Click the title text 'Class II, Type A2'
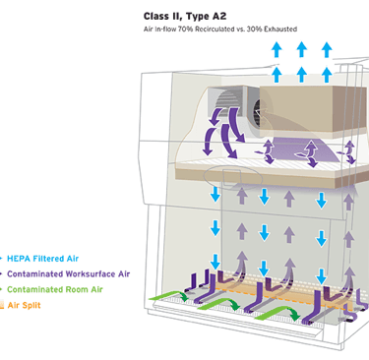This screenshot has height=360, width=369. (185, 17)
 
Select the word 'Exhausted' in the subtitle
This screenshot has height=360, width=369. (280, 30)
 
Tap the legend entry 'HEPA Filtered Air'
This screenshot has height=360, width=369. (43, 259)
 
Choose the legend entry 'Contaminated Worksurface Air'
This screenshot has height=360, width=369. (69, 274)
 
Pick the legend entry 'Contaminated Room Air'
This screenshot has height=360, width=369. (55, 289)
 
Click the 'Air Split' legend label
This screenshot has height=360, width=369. (24, 305)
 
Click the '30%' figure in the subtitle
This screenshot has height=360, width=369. (255, 30)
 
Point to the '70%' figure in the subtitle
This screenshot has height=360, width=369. (186, 30)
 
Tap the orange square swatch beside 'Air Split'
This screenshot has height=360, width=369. (2, 305)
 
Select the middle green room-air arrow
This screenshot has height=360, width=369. (219, 305)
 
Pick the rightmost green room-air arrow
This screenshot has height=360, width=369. (278, 311)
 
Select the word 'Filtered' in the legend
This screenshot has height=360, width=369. (48, 259)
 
